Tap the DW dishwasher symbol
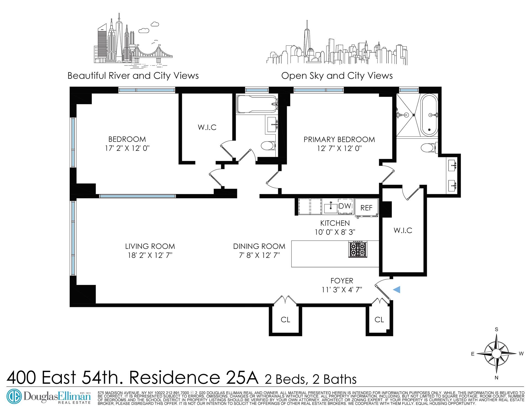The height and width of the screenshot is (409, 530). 344,206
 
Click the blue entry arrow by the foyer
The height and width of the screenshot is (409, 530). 397,289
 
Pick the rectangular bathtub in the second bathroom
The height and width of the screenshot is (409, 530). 256,104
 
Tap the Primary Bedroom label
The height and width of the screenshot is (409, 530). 339,139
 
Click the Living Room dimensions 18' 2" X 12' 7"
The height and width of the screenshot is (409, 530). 150,255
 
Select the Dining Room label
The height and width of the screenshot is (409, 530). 259,246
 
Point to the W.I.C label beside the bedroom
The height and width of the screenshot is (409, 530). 207,127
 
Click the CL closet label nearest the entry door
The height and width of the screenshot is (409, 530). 379,319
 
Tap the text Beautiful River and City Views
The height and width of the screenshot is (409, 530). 133,76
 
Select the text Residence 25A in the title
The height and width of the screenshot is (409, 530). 194,379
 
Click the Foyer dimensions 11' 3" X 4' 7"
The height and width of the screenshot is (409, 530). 342,290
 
